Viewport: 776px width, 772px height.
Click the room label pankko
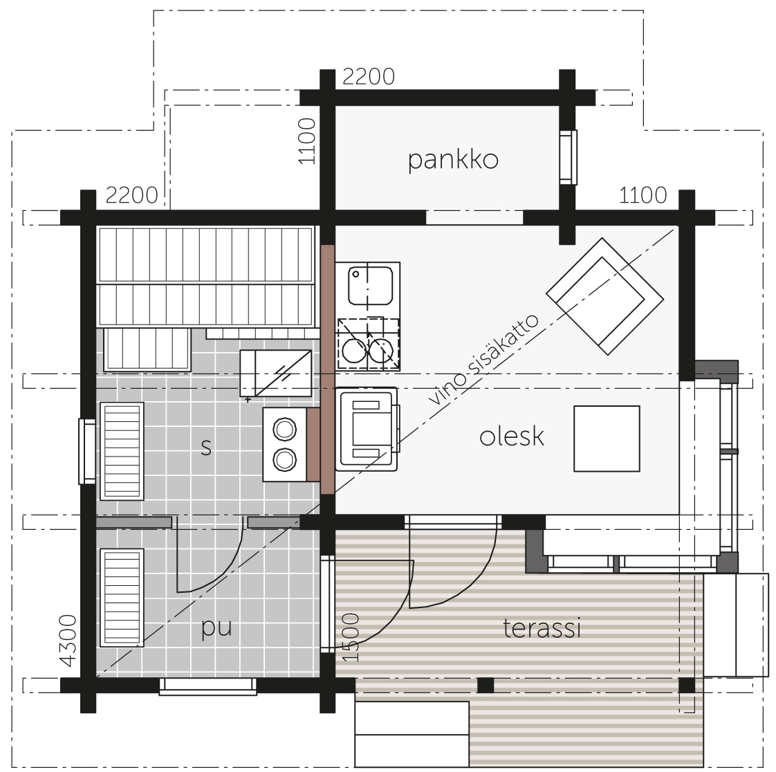click(x=453, y=160)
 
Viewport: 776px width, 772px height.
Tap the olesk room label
click(x=512, y=436)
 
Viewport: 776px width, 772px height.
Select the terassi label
click(x=542, y=628)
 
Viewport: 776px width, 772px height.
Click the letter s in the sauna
click(x=206, y=447)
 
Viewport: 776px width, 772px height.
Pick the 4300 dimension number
click(x=68, y=641)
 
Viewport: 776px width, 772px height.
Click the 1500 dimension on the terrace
click(x=351, y=637)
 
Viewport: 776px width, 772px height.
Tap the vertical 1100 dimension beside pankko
click(x=307, y=141)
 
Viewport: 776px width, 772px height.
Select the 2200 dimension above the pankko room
click(x=369, y=77)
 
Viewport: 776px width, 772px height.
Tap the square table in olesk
click(x=607, y=439)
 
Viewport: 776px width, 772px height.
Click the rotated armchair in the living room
click(x=604, y=297)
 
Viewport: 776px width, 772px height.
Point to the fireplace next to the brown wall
click(x=367, y=429)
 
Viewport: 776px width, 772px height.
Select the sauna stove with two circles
click(x=284, y=444)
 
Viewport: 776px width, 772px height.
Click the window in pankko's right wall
click(x=568, y=157)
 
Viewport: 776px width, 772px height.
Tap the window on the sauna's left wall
click(x=87, y=451)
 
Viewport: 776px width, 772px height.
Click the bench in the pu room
click(x=122, y=598)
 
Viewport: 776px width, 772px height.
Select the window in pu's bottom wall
click(x=208, y=686)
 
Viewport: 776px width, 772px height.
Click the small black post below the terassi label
click(x=486, y=686)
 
